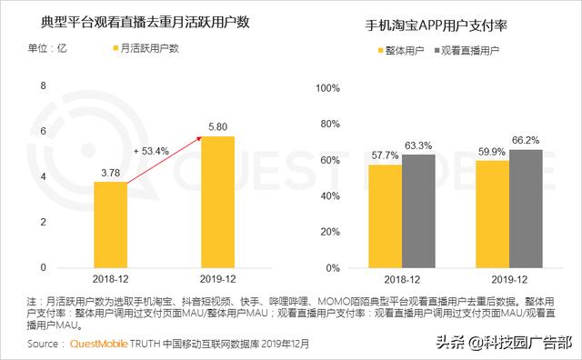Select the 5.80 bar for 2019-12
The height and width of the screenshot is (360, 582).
click(x=217, y=201)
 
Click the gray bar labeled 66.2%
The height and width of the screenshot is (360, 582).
click(x=526, y=208)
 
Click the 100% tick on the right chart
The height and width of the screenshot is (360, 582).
click(x=327, y=88)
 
